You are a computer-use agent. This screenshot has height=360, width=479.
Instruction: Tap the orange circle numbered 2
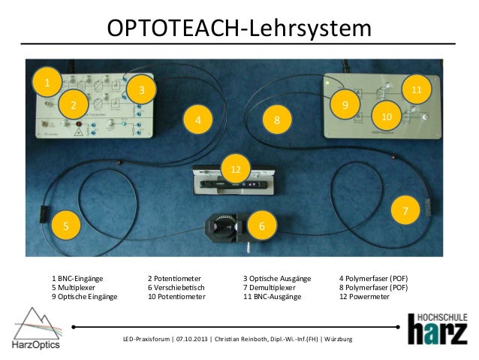(73, 104)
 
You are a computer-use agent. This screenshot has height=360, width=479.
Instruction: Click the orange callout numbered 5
(65, 225)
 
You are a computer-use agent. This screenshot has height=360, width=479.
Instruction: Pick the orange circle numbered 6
(261, 225)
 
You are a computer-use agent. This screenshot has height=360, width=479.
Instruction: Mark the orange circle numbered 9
(345, 104)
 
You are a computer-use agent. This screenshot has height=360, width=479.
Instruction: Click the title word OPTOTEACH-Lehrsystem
(239, 28)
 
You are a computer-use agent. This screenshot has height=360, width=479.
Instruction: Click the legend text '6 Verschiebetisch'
(176, 287)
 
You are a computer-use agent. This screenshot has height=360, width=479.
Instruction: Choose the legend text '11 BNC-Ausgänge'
(272, 297)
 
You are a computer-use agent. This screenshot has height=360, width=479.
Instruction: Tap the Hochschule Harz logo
(436, 328)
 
